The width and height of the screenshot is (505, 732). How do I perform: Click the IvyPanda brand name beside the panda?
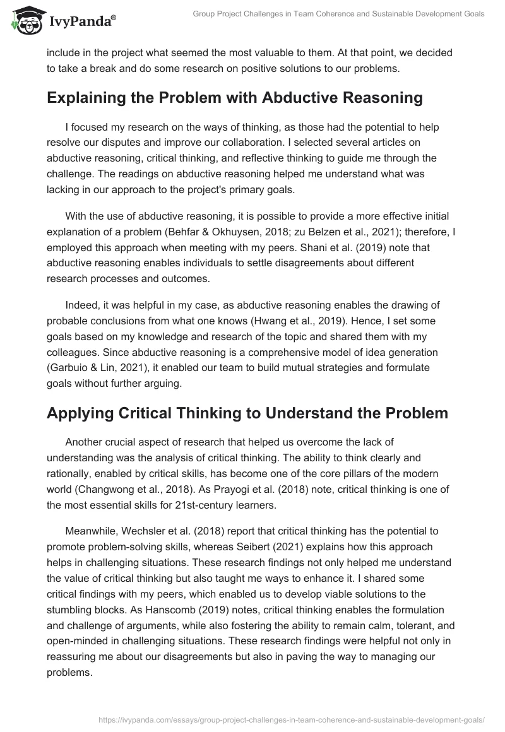pyautogui.click(x=81, y=20)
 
